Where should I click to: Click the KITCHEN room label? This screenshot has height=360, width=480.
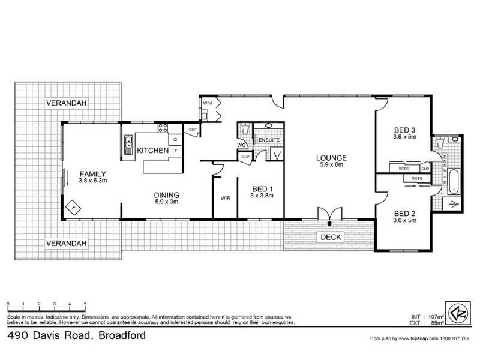(x=152, y=151)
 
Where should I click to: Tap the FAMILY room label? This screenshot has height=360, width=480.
(x=92, y=173)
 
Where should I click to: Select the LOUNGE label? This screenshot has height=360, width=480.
(x=331, y=158)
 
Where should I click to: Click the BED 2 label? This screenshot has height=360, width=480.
(x=405, y=213)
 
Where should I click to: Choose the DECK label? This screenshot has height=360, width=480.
(x=331, y=237)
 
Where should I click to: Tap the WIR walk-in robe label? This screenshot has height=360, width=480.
(x=226, y=197)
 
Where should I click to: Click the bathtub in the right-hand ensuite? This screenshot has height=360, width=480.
(x=454, y=182)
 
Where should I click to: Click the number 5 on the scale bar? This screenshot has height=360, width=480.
(x=85, y=304)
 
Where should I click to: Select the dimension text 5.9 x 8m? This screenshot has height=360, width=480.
(x=331, y=165)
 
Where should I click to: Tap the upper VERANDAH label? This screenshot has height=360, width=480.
(x=67, y=104)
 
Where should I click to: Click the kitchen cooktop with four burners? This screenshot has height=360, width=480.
(x=162, y=127)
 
